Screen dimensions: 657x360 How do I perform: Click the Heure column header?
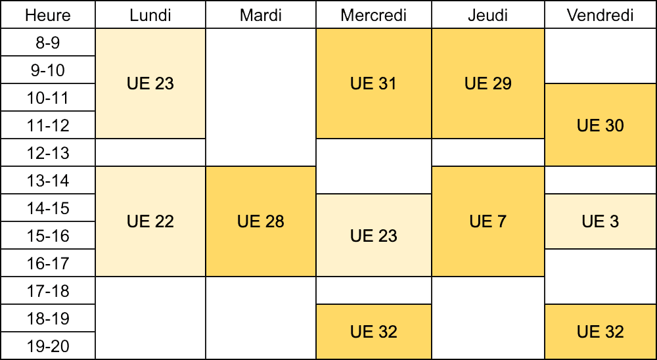(48, 15)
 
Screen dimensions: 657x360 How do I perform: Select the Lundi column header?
(150, 15)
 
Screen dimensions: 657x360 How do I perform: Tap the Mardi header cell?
(261, 15)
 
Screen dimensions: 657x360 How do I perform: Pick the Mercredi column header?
(374, 15)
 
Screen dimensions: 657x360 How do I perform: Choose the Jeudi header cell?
(488, 15)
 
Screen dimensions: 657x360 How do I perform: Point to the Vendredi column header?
(600, 15)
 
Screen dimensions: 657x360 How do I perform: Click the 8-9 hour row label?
(48, 42)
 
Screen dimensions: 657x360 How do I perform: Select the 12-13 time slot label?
(48, 153)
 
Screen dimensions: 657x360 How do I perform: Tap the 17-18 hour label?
(48, 291)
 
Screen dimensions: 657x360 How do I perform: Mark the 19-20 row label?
(48, 346)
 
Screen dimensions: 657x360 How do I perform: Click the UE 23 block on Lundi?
(150, 84)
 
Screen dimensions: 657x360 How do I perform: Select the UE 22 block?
(150, 221)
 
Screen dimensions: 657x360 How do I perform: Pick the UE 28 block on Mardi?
(261, 221)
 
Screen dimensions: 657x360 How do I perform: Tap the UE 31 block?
(374, 84)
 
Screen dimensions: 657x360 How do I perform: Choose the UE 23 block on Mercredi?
(374, 236)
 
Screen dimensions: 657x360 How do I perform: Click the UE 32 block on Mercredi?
(374, 332)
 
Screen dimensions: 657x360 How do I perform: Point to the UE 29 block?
(488, 84)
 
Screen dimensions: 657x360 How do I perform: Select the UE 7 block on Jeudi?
(488, 221)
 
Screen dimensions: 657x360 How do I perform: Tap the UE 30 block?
(600, 125)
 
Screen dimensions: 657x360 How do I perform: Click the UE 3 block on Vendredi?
(600, 221)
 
